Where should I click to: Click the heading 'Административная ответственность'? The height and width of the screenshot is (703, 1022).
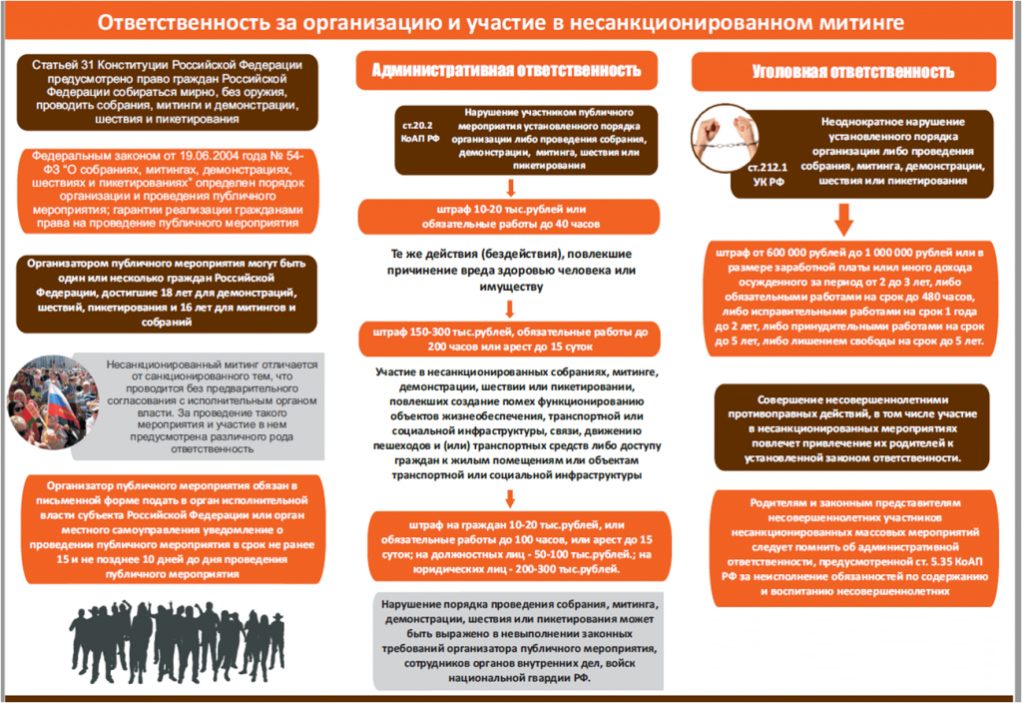[506, 70]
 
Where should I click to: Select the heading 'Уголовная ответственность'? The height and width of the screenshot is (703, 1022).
[852, 71]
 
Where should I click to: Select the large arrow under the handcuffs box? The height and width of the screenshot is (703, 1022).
[844, 218]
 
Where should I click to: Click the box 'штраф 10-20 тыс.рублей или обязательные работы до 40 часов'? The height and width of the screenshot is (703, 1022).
[510, 216]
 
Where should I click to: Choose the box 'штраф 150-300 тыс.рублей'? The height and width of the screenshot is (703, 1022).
[510, 340]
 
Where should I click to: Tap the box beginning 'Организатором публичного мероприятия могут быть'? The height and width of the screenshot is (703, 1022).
[163, 294]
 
